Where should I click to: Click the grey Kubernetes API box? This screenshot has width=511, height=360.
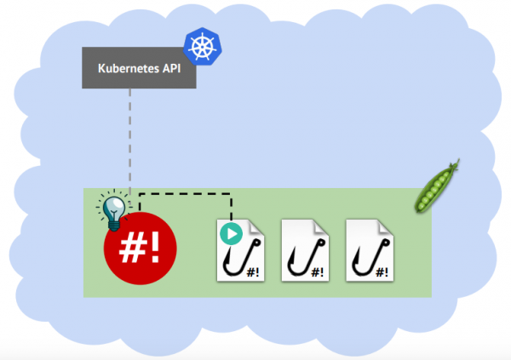[139, 68]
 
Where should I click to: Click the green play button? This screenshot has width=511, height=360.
[228, 232]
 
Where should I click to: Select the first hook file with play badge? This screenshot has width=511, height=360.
[244, 249]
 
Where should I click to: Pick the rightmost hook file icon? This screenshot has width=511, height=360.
[370, 249]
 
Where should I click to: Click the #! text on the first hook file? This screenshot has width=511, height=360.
[254, 271]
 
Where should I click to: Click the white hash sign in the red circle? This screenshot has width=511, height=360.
[132, 246]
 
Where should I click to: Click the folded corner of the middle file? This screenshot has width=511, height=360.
[320, 226]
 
